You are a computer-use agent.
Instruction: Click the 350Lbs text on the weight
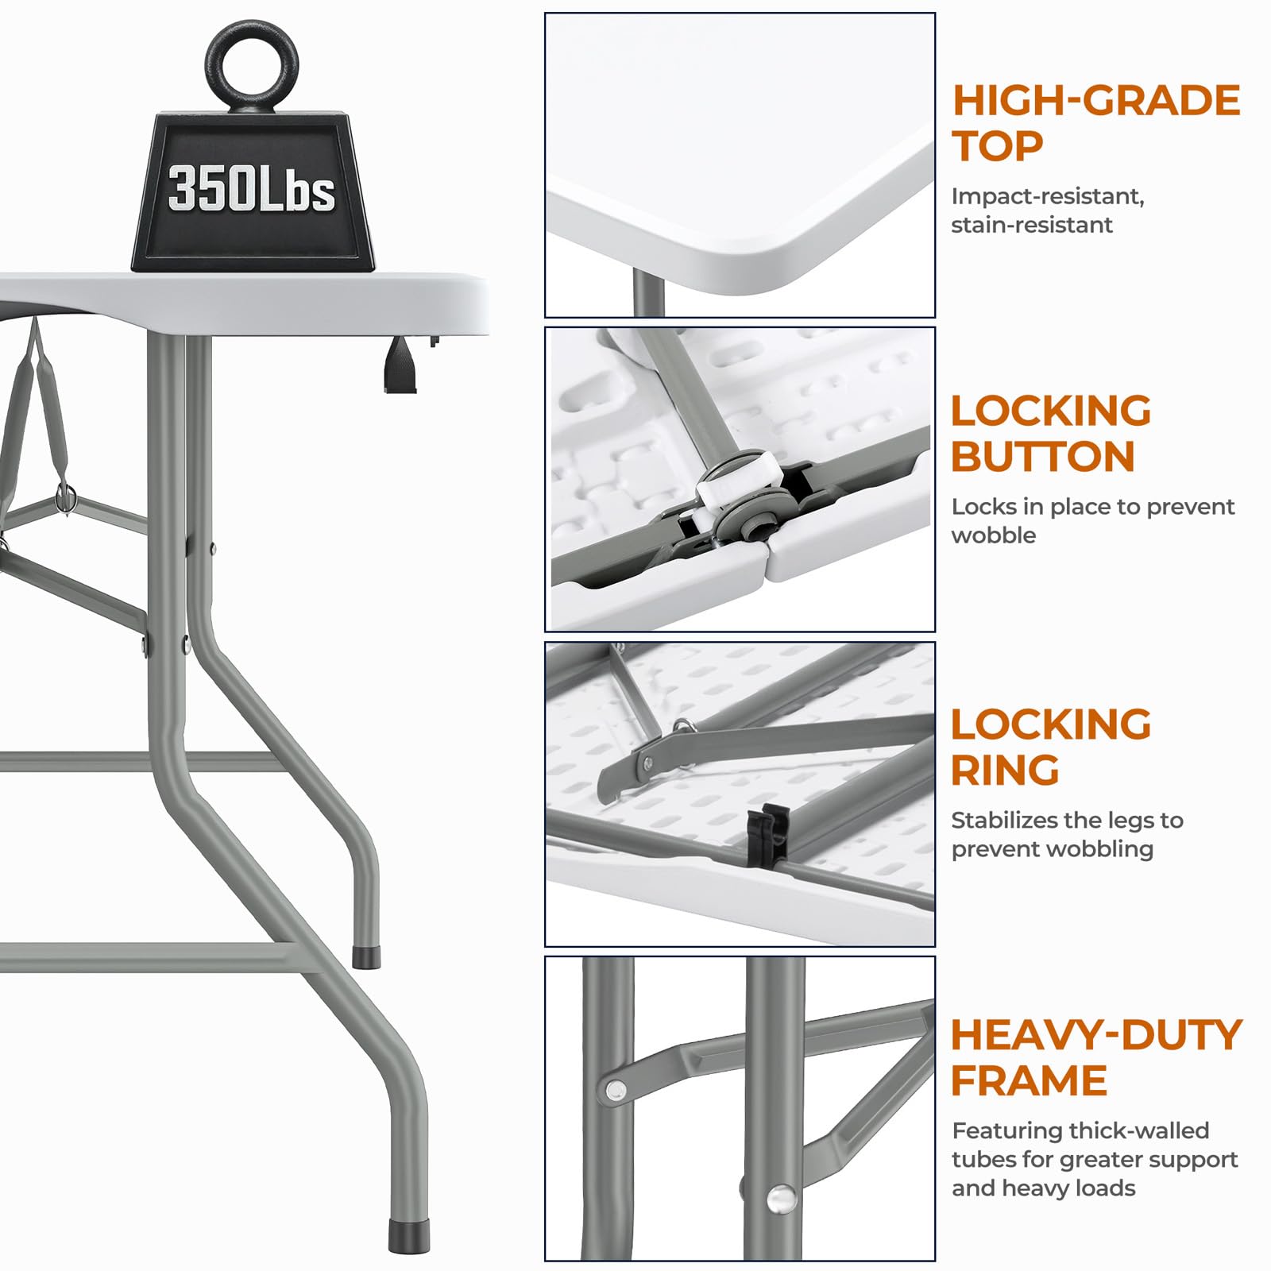pos(252,189)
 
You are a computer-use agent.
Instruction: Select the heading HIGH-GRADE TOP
pos(1095,123)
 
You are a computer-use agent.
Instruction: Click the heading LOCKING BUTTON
pos(1050,434)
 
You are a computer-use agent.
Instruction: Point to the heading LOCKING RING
pos(1050,747)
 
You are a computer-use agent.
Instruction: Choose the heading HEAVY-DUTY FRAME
pos(1095,1057)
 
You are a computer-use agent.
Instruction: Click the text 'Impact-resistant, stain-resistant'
pos(1048,211)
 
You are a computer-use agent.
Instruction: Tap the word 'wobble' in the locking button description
pos(994,535)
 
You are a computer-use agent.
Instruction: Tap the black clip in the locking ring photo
pos(768,834)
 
